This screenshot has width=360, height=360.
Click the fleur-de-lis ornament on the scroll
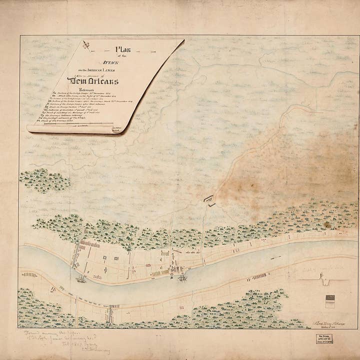coord(86,45)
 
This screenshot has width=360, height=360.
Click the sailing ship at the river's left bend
coord(80,279)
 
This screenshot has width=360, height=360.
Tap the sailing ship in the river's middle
coord(182,277)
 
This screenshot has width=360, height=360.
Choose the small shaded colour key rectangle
coord(329,301)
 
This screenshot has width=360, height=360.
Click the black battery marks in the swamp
coord(209,200)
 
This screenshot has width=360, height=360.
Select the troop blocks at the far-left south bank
coord(30,274)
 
